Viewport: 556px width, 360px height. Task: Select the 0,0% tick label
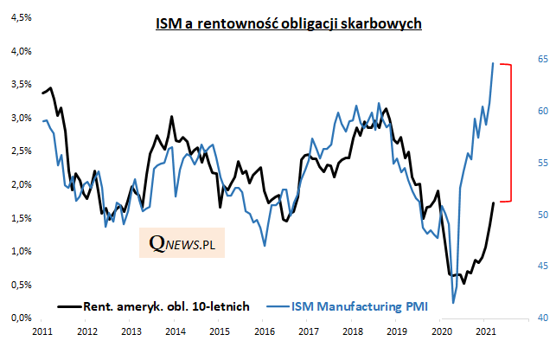[x=21, y=318]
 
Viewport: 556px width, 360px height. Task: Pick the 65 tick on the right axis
[x=543, y=59]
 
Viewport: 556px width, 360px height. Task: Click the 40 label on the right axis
[x=543, y=318]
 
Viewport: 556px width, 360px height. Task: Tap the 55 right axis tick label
[x=543, y=163]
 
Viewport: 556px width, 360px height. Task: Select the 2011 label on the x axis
[x=42, y=331]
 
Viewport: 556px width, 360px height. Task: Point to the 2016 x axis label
[x=264, y=331]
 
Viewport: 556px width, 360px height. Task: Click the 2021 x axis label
[x=485, y=331]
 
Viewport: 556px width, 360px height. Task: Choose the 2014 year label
[x=176, y=331]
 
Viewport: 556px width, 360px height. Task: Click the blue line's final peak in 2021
[x=493, y=63]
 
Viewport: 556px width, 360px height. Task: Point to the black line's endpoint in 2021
[x=493, y=202]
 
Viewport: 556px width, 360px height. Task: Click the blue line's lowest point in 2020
[x=453, y=303]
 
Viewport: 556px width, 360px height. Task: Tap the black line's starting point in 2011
[x=42, y=93]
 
